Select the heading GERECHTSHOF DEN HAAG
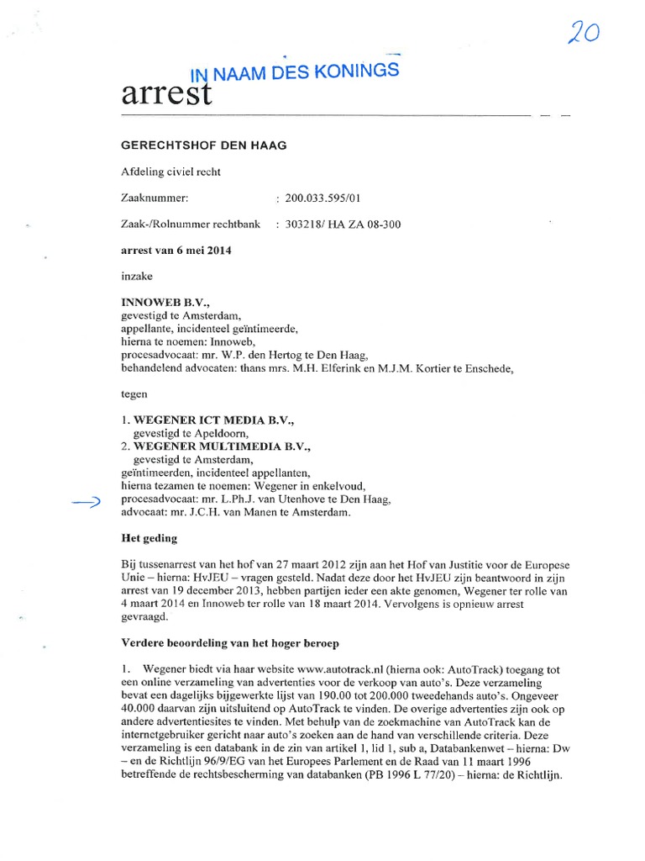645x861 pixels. point(204,145)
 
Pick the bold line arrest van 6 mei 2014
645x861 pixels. point(176,251)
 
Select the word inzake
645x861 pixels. point(138,275)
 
